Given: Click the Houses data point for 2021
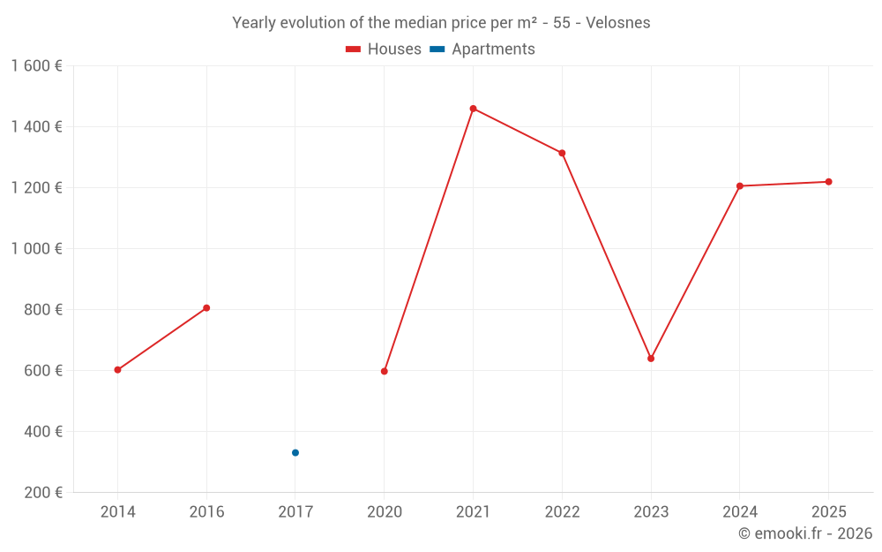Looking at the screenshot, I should [x=473, y=109].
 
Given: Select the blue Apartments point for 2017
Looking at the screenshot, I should [x=295, y=453].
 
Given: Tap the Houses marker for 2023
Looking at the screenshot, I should [x=651, y=359].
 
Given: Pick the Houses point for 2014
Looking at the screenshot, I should [x=117, y=370].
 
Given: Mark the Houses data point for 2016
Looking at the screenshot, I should [x=206, y=308].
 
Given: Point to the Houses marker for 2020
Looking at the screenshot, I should [x=385, y=372].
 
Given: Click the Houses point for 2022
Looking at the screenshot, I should [x=562, y=154].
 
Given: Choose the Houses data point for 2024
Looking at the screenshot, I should [x=740, y=186].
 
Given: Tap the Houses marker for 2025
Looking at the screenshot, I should [x=828, y=182].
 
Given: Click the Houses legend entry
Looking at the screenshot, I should [x=384, y=49].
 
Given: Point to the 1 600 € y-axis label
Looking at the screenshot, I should [x=37, y=66].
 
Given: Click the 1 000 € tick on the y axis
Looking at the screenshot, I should [x=37, y=249].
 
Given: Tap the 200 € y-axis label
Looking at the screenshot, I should [x=42, y=493].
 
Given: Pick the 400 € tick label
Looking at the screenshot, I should [x=42, y=432].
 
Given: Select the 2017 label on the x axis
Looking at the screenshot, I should [x=295, y=512].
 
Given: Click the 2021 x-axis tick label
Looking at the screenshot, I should [x=473, y=512].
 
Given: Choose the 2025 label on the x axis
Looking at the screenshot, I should [x=828, y=512].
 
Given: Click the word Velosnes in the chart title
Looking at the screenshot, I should [x=617, y=23].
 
